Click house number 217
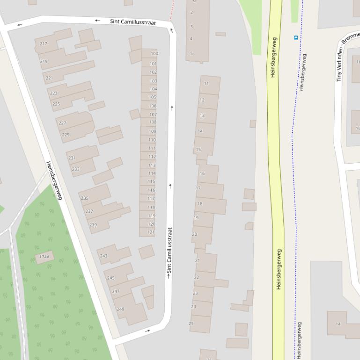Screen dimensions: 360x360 [x=44, y=44]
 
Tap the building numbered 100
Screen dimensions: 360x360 [x=154, y=54]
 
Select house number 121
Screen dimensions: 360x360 [x=151, y=232]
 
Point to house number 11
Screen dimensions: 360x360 [x=206, y=84]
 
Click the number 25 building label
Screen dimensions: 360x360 [x=191, y=324]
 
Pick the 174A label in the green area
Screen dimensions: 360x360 [x=44, y=257]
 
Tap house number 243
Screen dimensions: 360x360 [x=103, y=256]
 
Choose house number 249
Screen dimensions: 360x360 [x=120, y=309]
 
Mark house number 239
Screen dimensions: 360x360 [x=93, y=225]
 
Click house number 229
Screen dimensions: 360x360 [x=66, y=135]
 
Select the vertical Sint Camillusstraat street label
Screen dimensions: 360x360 [x=169, y=251]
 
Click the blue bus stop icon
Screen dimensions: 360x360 [x=296, y=37]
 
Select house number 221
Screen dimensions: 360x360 [x=49, y=78]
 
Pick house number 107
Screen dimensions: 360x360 [x=153, y=115]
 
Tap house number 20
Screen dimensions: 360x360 [x=195, y=234]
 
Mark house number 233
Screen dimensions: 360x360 [x=75, y=169]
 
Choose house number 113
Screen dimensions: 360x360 [x=152, y=165]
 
